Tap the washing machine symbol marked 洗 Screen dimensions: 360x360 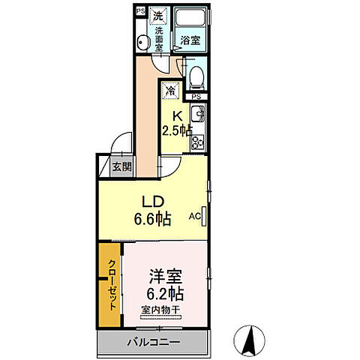pos(158,14)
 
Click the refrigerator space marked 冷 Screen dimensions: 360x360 pos(171,91)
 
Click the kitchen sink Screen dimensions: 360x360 pos(199,115)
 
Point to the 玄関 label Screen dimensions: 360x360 pos(121,166)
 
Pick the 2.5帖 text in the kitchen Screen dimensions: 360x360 pos(177,129)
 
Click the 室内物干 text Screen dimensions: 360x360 pos(160,309)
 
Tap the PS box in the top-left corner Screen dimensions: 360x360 pos(140,10)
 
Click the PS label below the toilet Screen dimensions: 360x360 pos(196,96)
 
